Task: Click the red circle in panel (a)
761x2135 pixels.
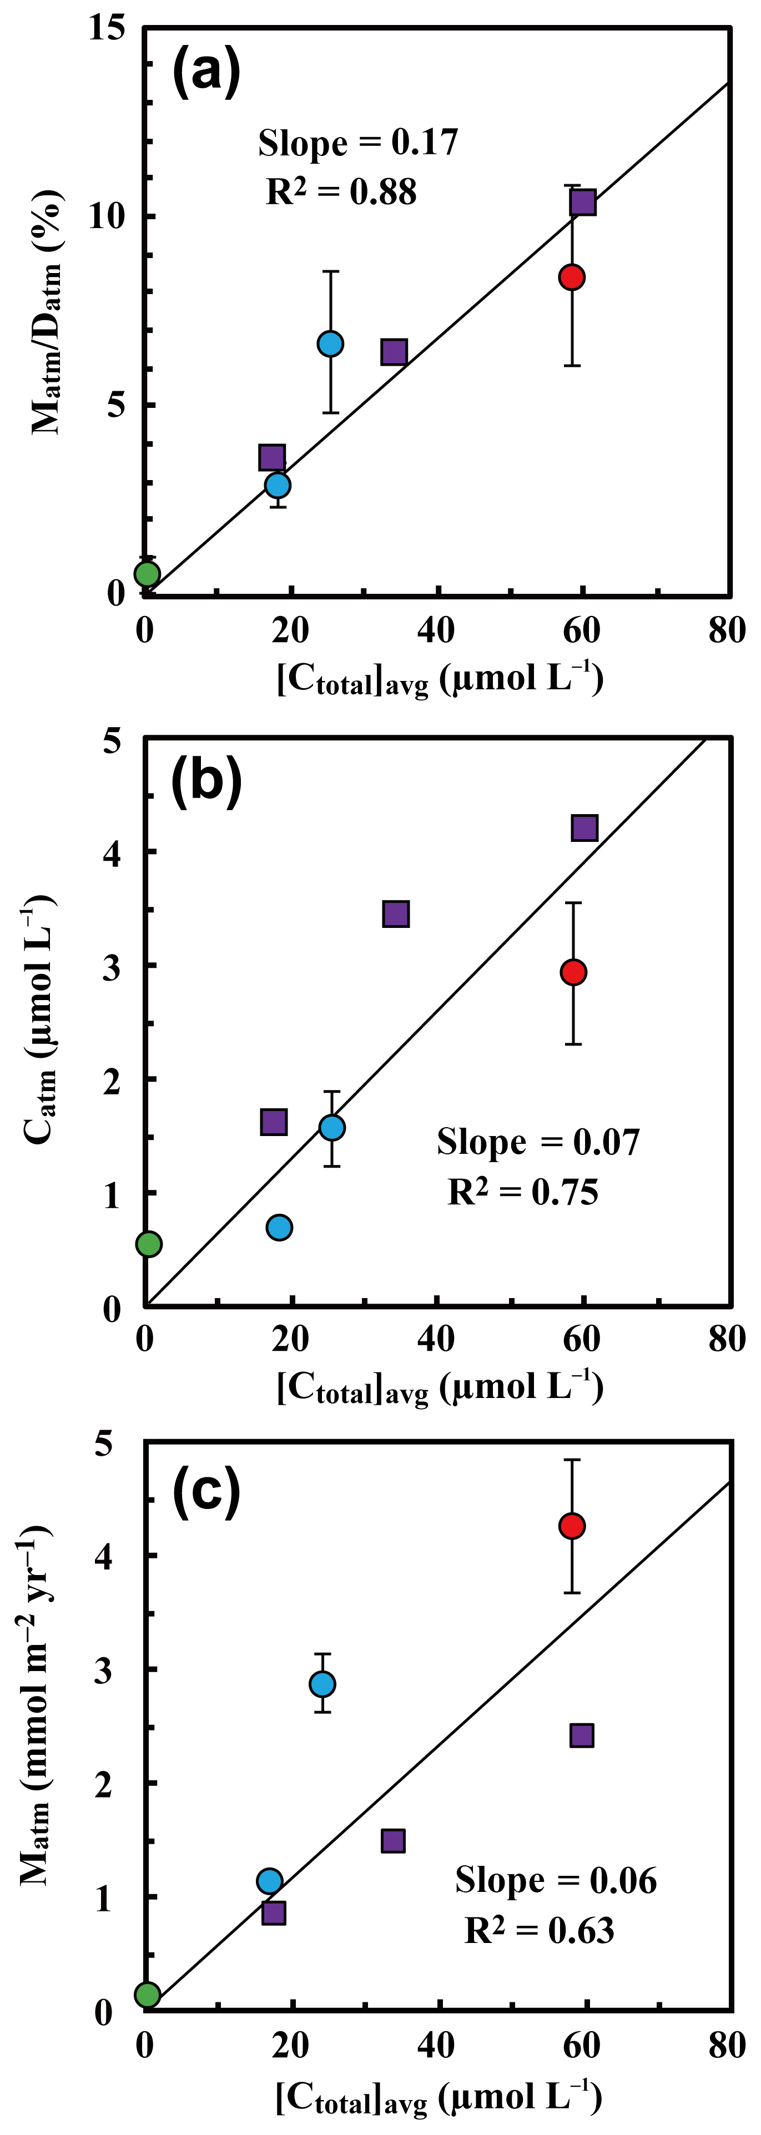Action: (571, 277)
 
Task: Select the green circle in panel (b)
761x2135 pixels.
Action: (148, 1243)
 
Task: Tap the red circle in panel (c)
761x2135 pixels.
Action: (572, 1526)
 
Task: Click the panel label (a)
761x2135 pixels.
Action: (206, 72)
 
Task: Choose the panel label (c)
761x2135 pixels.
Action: (206, 1490)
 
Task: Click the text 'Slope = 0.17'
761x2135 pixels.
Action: (358, 143)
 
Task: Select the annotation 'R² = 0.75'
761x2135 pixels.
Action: (523, 1192)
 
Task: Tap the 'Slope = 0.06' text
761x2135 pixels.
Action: (556, 1881)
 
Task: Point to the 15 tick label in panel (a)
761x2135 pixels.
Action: (108, 28)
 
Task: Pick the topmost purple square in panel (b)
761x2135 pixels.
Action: (584, 827)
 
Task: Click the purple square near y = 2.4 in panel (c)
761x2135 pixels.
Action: (582, 1735)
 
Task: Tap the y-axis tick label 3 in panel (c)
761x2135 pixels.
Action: (104, 1671)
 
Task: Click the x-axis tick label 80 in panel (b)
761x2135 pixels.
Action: (727, 1339)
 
